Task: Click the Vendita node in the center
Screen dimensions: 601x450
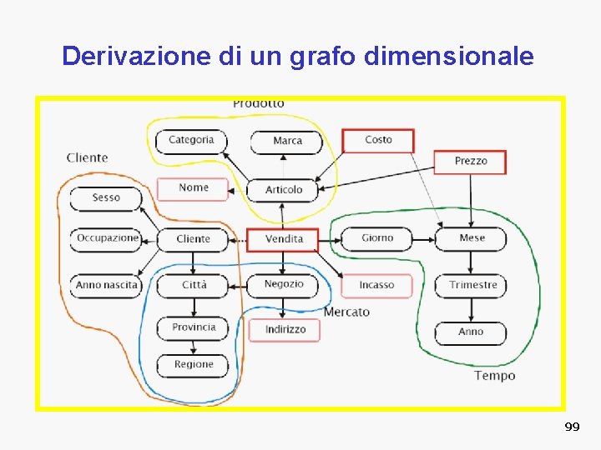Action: [283, 239]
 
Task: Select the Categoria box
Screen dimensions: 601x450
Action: [191, 140]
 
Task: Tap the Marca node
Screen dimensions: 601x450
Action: [287, 141]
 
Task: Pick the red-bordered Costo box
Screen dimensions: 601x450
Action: [378, 140]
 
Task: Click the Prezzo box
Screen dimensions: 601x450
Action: [470, 161]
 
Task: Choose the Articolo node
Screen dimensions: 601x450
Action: [284, 190]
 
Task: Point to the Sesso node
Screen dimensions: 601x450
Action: [106, 198]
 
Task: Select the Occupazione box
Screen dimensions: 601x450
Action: [106, 238]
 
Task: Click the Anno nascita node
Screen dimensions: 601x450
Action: [106, 285]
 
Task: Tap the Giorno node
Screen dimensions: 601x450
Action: [377, 238]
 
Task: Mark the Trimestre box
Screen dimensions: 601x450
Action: [472, 285]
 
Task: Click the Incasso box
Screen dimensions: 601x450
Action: [376, 285]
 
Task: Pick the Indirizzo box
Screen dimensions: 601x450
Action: [285, 330]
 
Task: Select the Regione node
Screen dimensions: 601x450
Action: [194, 365]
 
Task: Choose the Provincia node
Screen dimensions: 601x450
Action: [194, 327]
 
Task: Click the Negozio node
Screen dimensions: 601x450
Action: [284, 284]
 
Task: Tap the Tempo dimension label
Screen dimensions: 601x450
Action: [495, 376]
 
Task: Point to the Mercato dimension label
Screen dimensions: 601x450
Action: [346, 312]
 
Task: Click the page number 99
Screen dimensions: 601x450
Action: [572, 427]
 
